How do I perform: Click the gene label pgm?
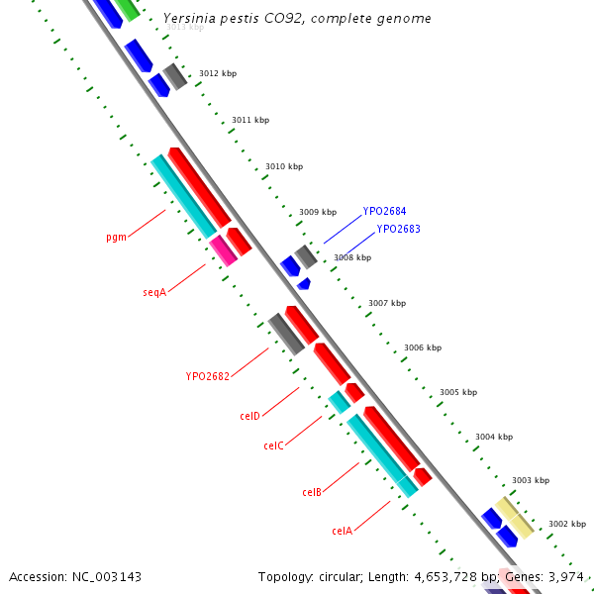pyautogui.click(x=116, y=238)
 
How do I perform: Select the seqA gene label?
pyautogui.click(x=153, y=293)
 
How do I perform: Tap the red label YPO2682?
pyautogui.click(x=207, y=376)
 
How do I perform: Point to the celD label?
pyautogui.click(x=249, y=416)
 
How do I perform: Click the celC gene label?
pyautogui.click(x=273, y=445)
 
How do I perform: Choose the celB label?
pyautogui.click(x=311, y=492)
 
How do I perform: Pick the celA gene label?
pyautogui.click(x=342, y=531)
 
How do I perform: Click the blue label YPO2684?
pyautogui.click(x=384, y=211)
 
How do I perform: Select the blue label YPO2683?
pyautogui.click(x=398, y=229)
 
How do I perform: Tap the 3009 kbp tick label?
pyautogui.click(x=317, y=212)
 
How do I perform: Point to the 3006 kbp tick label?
pyautogui.click(x=422, y=347)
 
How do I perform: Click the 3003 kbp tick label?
pyautogui.click(x=530, y=481)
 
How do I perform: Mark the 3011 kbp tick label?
pyautogui.click(x=249, y=120)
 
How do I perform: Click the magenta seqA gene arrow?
pyautogui.click(x=224, y=250)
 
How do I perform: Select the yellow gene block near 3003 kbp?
pyautogui.click(x=515, y=517)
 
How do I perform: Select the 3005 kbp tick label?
pyautogui.click(x=458, y=392)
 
